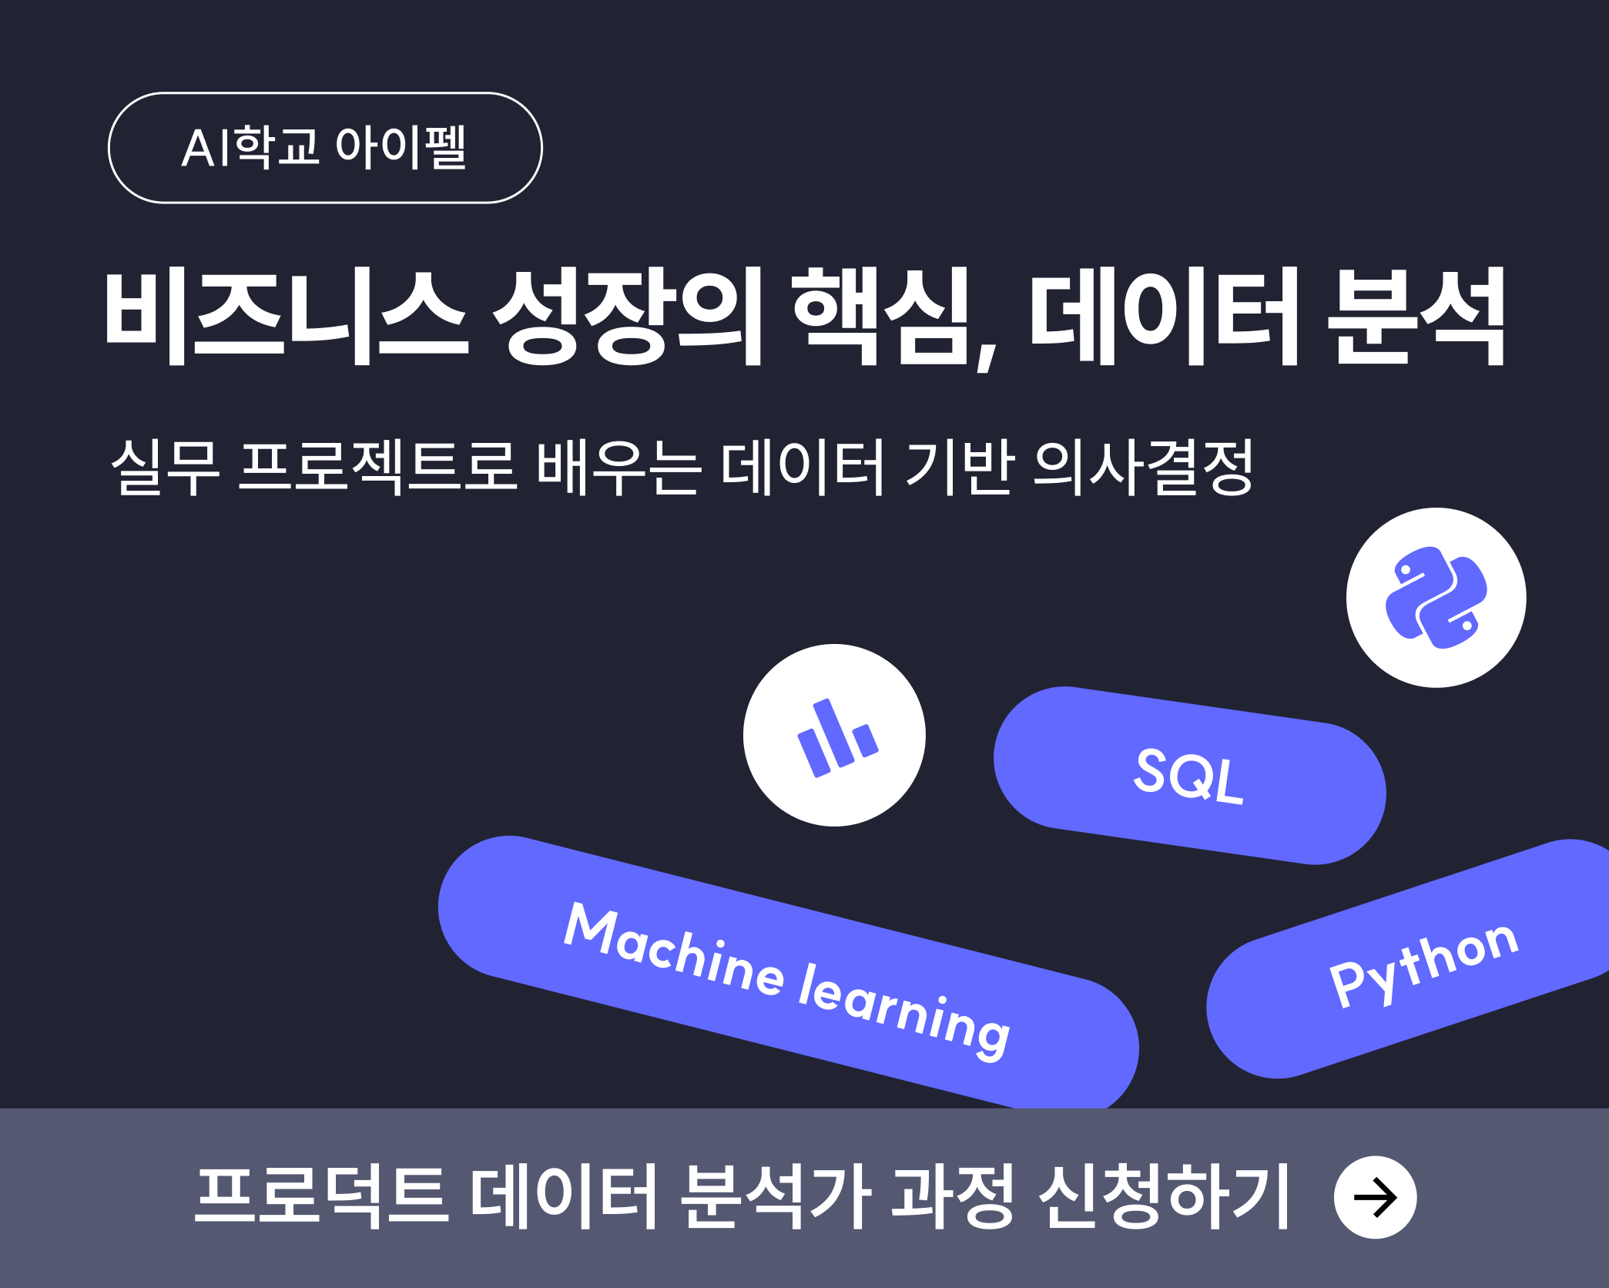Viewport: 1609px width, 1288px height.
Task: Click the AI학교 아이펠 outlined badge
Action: tap(325, 148)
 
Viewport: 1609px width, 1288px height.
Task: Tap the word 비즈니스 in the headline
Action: tap(286, 316)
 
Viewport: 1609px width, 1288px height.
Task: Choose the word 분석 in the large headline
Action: tap(1416, 316)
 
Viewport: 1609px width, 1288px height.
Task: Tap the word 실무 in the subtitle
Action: tap(166, 467)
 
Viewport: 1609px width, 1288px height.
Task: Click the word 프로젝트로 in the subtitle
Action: tap(377, 467)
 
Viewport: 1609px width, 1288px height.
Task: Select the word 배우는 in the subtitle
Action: tap(618, 467)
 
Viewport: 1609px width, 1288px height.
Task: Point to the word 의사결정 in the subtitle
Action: tap(1143, 467)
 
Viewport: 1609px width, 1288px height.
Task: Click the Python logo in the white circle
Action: tap(1436, 598)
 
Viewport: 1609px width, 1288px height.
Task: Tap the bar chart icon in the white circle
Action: tap(836, 737)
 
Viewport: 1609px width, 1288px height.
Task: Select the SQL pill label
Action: tap(1189, 776)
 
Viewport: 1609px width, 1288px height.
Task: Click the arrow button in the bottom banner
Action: tap(1376, 1197)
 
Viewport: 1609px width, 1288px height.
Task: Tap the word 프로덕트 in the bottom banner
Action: tap(322, 1196)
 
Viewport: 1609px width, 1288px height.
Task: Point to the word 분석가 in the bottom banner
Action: tap(776, 1196)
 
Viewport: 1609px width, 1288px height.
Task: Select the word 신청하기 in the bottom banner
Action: tap(1164, 1196)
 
